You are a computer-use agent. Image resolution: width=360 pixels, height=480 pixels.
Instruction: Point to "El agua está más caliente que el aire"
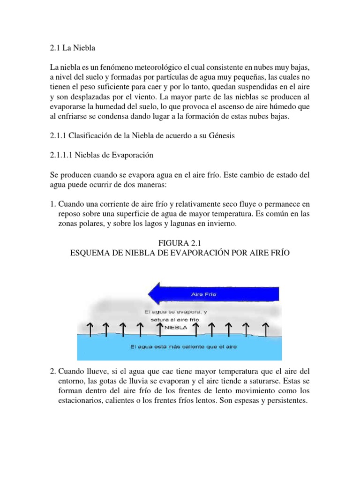tap(183, 347)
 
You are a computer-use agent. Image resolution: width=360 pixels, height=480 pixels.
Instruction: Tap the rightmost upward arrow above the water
tap(266, 329)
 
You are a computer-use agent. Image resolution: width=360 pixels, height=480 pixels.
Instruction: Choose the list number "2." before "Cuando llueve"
tap(53, 370)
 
